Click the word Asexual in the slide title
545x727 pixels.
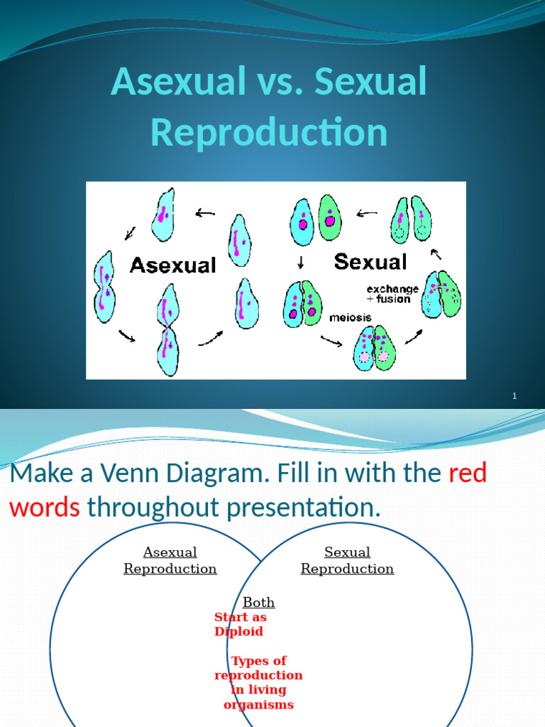pyautogui.click(x=175, y=82)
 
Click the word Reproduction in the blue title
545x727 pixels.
pyautogui.click(x=269, y=132)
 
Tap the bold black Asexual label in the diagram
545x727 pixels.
pyautogui.click(x=172, y=266)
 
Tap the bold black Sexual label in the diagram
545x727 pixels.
pyautogui.click(x=370, y=262)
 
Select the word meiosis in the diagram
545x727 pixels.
pyautogui.click(x=350, y=318)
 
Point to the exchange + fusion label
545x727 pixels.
pyautogui.click(x=392, y=295)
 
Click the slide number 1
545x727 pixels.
pyautogui.click(x=514, y=396)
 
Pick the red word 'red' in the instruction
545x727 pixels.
pyautogui.click(x=468, y=474)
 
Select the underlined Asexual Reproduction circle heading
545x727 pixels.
pyautogui.click(x=170, y=560)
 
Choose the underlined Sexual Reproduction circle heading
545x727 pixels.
pyautogui.click(x=347, y=560)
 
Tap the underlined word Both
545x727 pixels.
pyautogui.click(x=258, y=603)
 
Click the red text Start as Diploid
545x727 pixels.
pyautogui.click(x=240, y=624)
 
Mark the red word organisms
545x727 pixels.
pyautogui.click(x=258, y=705)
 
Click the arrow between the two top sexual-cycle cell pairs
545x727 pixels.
pyautogui.click(x=367, y=212)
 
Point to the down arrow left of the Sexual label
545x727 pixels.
pyautogui.click(x=301, y=263)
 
